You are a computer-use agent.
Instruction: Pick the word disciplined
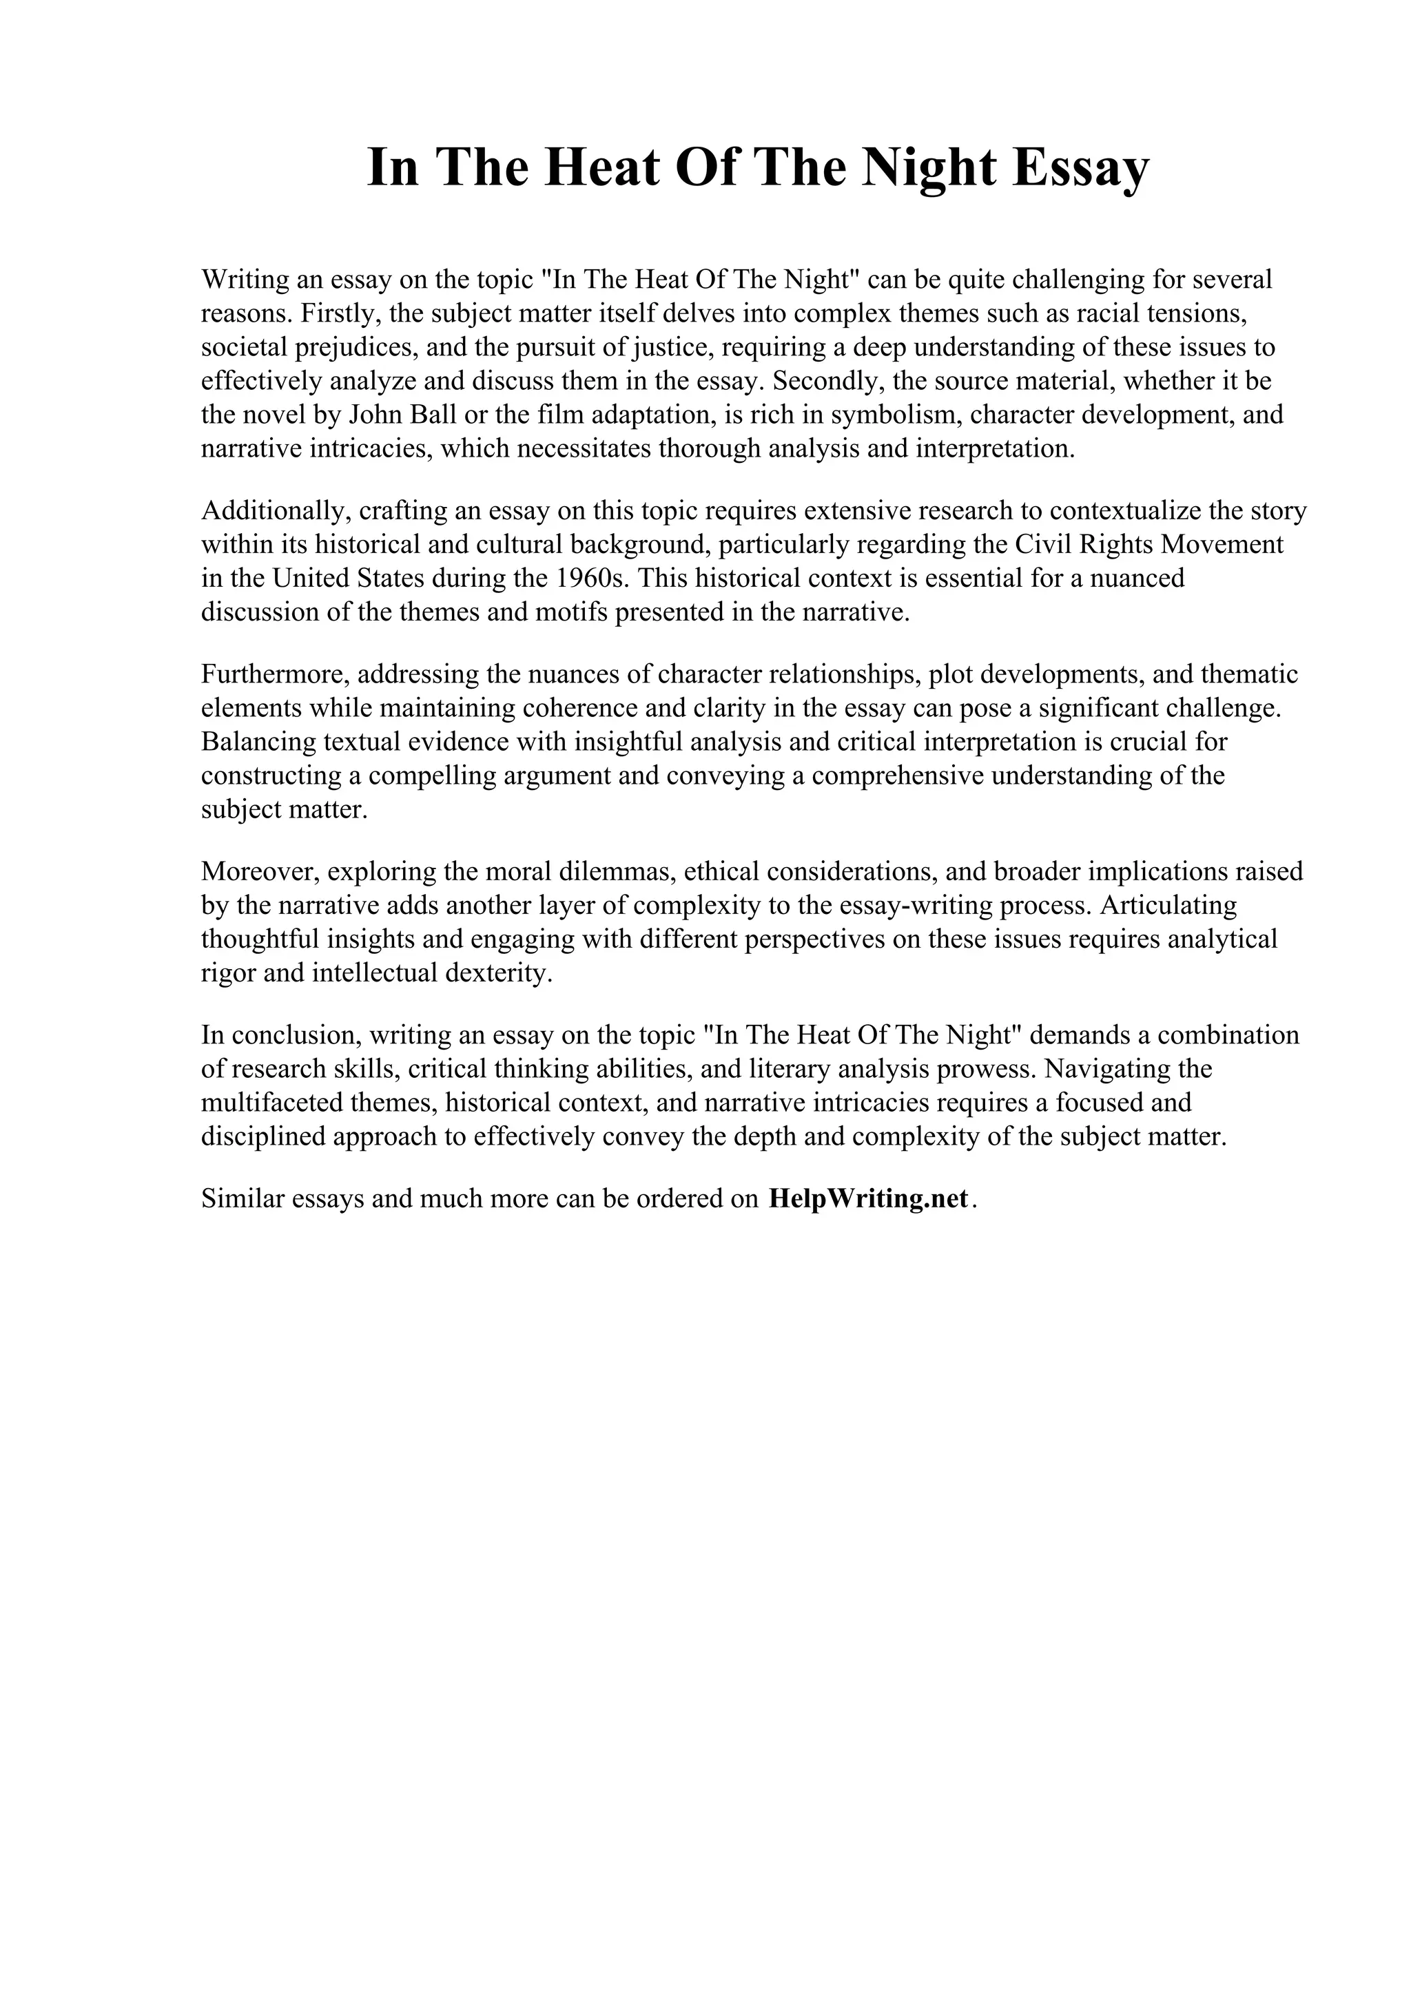click(263, 1136)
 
